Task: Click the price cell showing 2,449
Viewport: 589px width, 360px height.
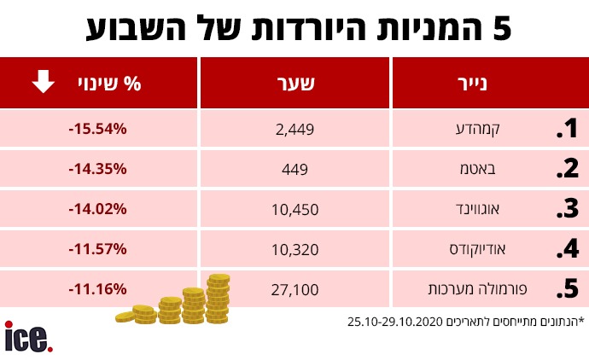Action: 296,130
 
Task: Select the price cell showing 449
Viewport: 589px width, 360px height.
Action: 296,169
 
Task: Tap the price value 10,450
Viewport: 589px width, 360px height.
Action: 296,209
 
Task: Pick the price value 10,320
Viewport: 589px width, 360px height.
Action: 296,249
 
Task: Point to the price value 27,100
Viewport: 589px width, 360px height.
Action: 296,289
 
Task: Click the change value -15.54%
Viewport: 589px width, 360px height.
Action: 97,129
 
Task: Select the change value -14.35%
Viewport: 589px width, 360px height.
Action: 97,168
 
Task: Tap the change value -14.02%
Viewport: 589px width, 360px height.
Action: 97,208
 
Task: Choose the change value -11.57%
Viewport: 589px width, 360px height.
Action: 97,248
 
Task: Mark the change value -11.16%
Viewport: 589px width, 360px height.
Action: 97,288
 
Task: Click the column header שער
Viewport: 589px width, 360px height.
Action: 296,84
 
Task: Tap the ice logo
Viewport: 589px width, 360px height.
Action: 28,336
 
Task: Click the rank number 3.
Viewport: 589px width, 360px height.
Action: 567,209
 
